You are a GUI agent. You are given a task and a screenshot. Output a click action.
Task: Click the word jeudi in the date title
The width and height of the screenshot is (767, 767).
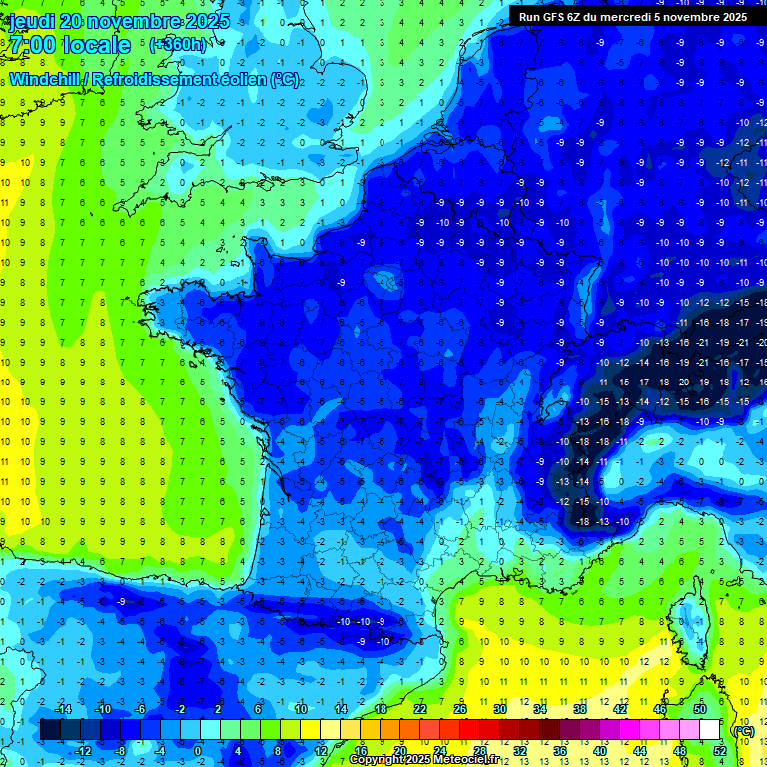tap(30, 21)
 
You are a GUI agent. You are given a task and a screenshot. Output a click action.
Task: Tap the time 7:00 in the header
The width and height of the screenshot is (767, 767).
tap(33, 45)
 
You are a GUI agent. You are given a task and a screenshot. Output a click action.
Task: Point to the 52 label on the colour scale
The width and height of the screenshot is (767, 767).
tap(720, 751)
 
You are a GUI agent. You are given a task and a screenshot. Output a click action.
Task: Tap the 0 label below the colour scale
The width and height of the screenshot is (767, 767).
tap(197, 751)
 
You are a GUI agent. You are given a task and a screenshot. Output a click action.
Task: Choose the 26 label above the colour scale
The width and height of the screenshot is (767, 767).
tap(460, 709)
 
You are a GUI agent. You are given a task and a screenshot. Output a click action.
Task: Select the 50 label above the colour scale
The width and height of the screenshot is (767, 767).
tap(700, 709)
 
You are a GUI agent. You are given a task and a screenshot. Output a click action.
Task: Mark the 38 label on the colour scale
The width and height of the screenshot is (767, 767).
tap(580, 709)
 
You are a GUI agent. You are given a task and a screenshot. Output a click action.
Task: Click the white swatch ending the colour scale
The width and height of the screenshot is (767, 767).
tap(719, 730)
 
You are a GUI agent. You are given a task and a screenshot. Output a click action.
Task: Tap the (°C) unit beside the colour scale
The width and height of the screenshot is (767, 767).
tap(743, 730)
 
